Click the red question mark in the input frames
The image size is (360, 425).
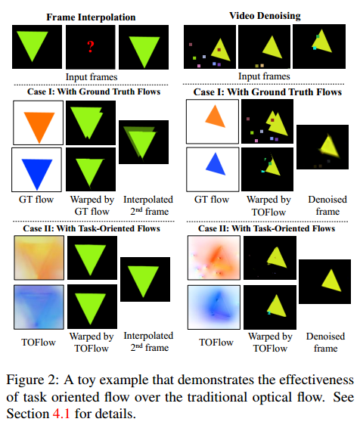point(89,47)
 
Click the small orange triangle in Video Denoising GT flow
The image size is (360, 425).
point(214,117)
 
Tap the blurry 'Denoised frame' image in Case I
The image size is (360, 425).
point(322,147)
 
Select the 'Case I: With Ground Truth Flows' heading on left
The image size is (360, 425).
point(90,92)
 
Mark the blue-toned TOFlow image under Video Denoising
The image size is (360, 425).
point(214,309)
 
